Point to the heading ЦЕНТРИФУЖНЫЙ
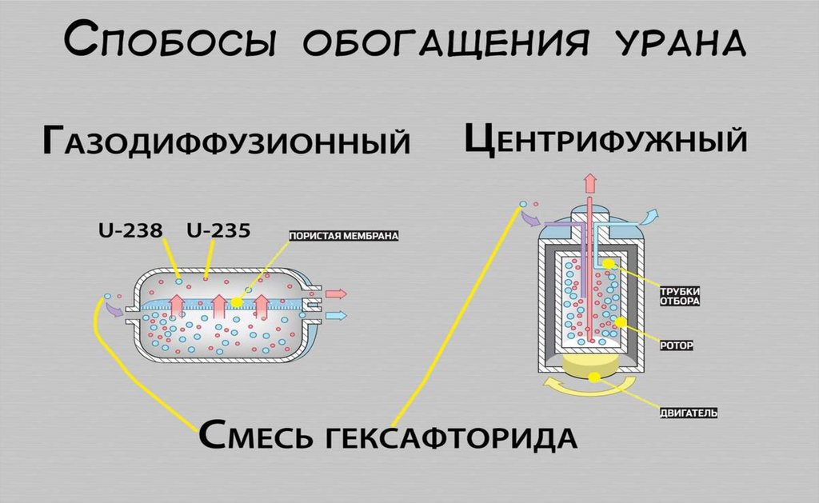605,140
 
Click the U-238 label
130,232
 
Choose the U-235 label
218,232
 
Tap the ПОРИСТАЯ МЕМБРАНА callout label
343,236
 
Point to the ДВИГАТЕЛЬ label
687,413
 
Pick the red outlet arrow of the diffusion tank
336,293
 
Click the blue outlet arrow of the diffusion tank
336,316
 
